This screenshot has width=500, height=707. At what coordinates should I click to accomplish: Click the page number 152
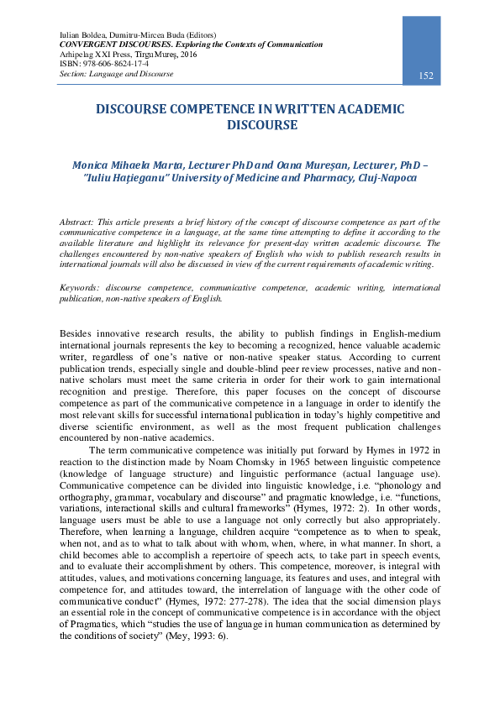tap(426, 76)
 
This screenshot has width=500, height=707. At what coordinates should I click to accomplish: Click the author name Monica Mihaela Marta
tap(127, 165)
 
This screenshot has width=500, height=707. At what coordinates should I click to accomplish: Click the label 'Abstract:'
tap(76, 221)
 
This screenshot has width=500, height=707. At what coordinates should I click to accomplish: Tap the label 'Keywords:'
tap(79, 287)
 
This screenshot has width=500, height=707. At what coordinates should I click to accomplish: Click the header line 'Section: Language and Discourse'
tap(116, 74)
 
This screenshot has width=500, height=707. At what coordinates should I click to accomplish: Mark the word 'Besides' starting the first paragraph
tap(77, 333)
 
